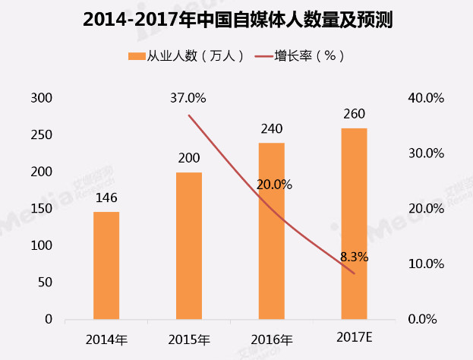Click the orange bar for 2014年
[x=106, y=266]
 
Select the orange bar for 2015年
[x=189, y=246]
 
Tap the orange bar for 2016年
[x=272, y=231]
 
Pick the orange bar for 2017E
[x=354, y=224]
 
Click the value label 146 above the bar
[x=106, y=198]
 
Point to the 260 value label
[x=354, y=114]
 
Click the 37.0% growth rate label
[x=188, y=98]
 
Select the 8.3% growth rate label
[x=354, y=257]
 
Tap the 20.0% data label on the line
[x=274, y=185]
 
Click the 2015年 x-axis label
[x=189, y=340]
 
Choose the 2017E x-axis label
[x=355, y=338]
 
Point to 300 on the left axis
[x=41, y=98]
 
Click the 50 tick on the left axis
[x=45, y=283]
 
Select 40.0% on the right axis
[x=426, y=98]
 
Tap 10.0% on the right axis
[x=426, y=264]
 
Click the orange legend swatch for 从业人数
[x=137, y=56]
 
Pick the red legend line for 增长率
[x=264, y=56]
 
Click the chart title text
[x=238, y=20]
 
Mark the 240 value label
[x=272, y=129]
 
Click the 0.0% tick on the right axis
[x=422, y=319]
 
